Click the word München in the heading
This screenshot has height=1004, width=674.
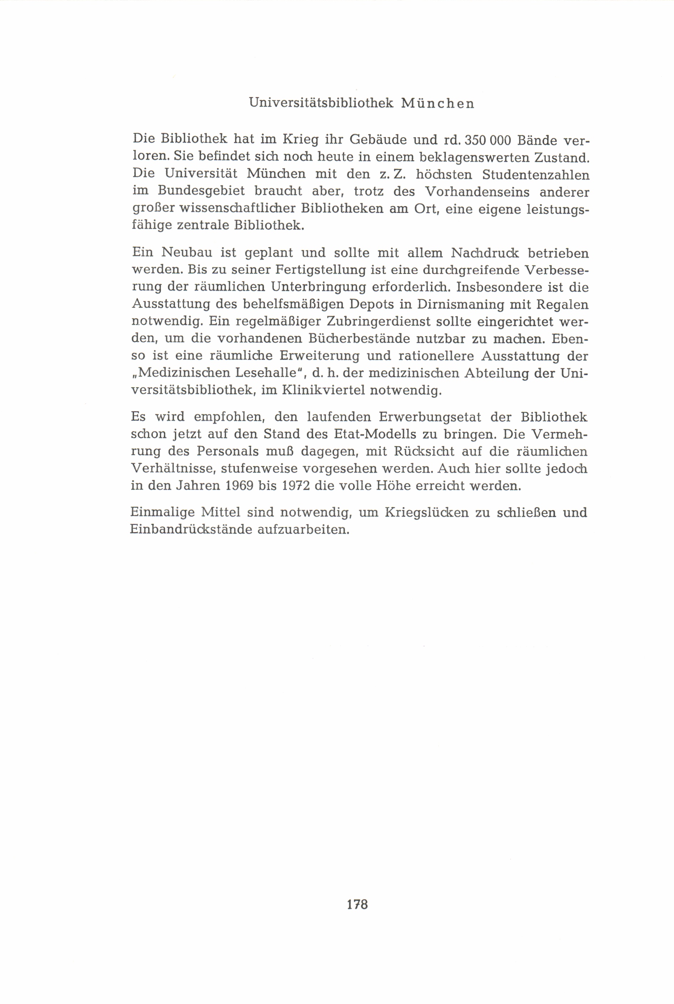click(x=437, y=103)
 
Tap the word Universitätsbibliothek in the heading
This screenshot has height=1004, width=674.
click(x=321, y=103)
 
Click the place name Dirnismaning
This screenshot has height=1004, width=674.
click(x=455, y=304)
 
